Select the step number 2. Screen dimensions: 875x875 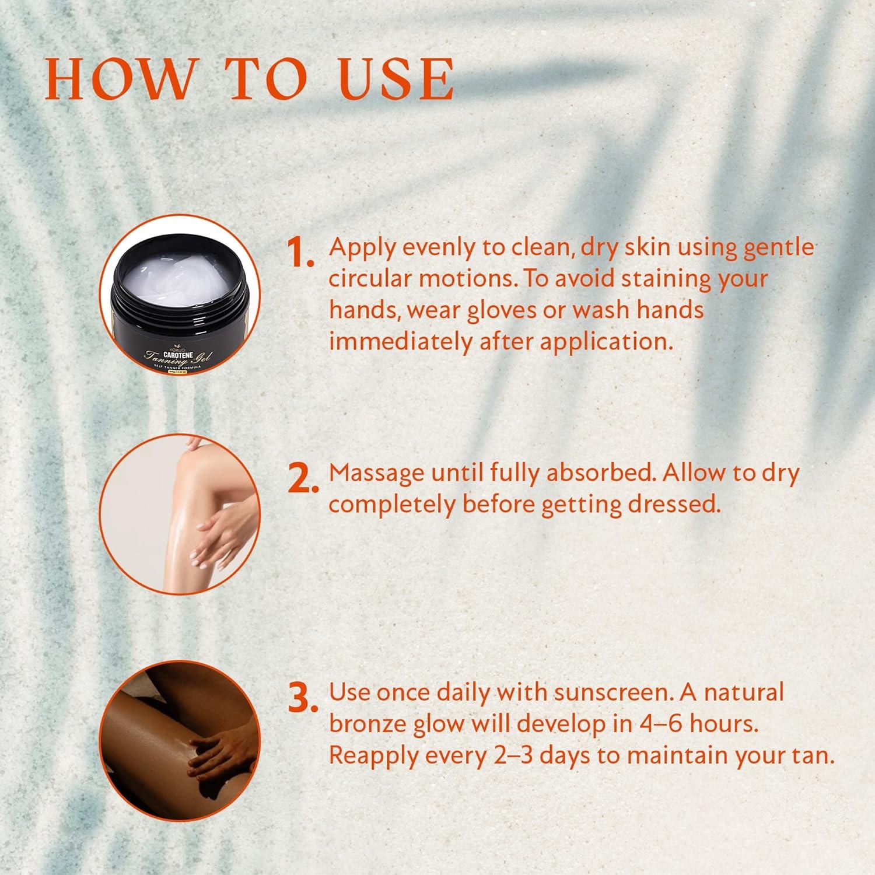303,479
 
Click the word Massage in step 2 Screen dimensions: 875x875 376,474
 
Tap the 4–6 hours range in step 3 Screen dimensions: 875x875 697,724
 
